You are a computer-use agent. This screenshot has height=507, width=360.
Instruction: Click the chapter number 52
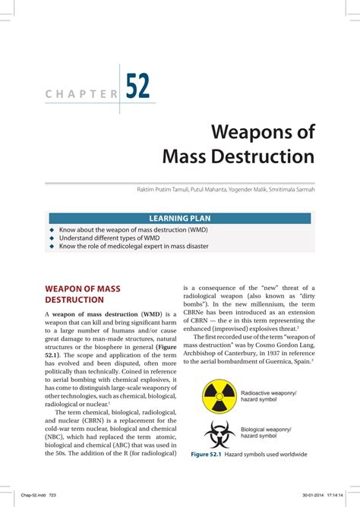pyautogui.click(x=137, y=86)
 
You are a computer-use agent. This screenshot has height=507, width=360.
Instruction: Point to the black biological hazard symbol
pyautogui.click(x=219, y=433)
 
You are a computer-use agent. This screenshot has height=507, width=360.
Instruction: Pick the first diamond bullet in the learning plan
pyautogui.click(x=52, y=229)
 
